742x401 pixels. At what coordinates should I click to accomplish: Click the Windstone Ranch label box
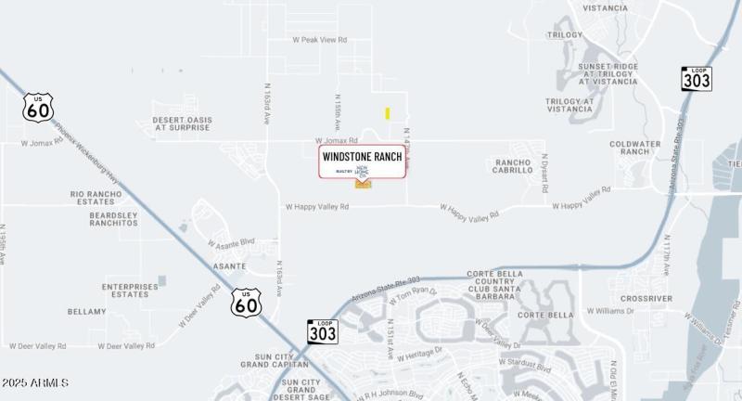[x=363, y=162]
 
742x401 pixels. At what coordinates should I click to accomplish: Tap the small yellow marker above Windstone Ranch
[x=388, y=113]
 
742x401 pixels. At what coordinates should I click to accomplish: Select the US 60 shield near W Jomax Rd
[x=38, y=109]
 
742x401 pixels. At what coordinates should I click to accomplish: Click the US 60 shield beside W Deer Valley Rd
[x=247, y=302]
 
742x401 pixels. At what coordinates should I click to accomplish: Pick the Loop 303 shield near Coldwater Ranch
[x=697, y=79]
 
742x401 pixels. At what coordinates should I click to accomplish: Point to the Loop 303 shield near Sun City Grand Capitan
[x=322, y=331]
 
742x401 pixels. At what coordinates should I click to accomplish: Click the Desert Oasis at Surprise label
[x=183, y=123]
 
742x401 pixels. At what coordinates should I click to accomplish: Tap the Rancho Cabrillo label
[x=512, y=165]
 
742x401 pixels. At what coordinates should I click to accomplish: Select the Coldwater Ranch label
[x=635, y=148]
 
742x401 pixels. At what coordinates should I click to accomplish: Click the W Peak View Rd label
[x=319, y=40]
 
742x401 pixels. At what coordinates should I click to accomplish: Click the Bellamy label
[x=87, y=312]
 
